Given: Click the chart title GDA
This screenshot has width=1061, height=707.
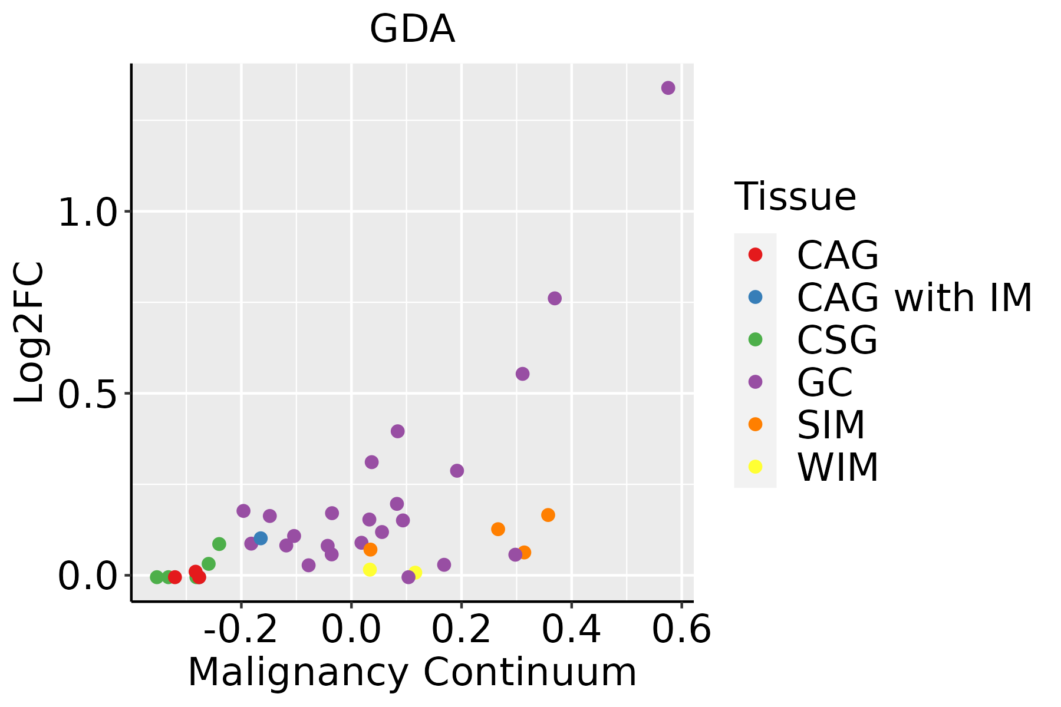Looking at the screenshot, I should pyautogui.click(x=412, y=29).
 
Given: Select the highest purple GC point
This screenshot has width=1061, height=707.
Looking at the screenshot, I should pyautogui.click(x=668, y=88).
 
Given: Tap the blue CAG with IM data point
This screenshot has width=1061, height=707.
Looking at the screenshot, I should pyautogui.click(x=261, y=538).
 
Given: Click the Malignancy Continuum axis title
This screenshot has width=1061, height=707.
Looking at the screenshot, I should pyautogui.click(x=412, y=672).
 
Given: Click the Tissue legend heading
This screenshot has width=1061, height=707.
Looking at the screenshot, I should pyautogui.click(x=795, y=197).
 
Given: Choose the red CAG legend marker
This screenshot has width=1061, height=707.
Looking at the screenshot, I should pyautogui.click(x=755, y=255).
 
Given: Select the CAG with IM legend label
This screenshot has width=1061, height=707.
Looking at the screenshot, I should pyautogui.click(x=914, y=298).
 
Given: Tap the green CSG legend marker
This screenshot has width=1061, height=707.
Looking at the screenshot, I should pyautogui.click(x=755, y=339).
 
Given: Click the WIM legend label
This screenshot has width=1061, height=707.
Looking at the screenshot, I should pyautogui.click(x=838, y=467).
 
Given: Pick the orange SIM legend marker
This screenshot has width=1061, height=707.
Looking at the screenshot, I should pyautogui.click(x=755, y=424).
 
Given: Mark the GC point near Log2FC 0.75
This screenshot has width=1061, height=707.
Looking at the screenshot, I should pyautogui.click(x=555, y=298).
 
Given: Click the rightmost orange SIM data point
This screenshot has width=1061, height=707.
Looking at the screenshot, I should pyautogui.click(x=548, y=515).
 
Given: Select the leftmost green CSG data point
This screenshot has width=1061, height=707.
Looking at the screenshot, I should pyautogui.click(x=157, y=577).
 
